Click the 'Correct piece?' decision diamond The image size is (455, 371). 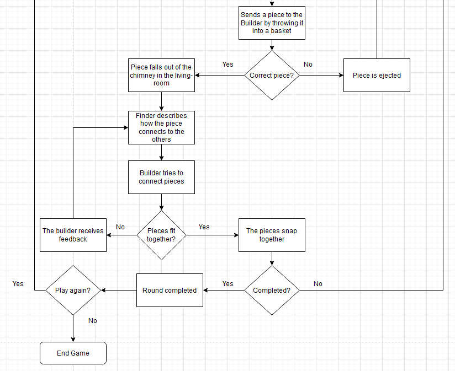(272, 76)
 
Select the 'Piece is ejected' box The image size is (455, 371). (377, 75)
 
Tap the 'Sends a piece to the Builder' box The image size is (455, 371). (272, 23)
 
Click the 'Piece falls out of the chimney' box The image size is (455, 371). (161, 75)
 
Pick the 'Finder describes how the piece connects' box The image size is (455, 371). (161, 127)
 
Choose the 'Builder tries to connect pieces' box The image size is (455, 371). (161, 177)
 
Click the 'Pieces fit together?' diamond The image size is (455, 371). (161, 235)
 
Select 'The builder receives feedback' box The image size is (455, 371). (73, 235)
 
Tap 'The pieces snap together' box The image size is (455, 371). (272, 235)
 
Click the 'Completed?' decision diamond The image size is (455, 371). (272, 291)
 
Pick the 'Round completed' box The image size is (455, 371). (170, 291)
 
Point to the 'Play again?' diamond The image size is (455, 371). (73, 291)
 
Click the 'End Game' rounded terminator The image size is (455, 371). (73, 353)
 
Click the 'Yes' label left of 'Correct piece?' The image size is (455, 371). (227, 64)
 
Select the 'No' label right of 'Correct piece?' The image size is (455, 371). (308, 64)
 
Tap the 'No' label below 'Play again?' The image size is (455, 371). (92, 321)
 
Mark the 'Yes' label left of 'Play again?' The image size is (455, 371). (18, 284)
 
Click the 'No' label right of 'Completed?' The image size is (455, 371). (318, 284)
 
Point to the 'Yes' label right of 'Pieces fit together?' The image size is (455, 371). (204, 227)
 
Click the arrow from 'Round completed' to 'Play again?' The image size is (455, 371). (119, 291)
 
